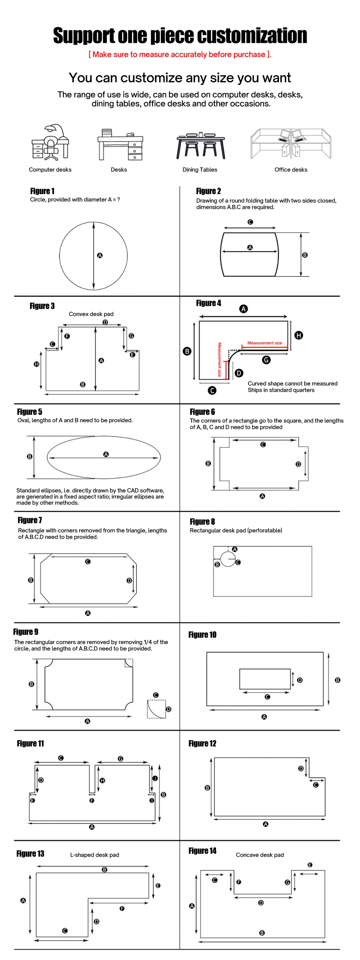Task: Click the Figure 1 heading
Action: pos(42,191)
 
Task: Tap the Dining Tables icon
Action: pos(201,145)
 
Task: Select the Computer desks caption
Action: pos(50,170)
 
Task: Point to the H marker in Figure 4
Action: pos(298,335)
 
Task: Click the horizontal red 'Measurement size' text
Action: pos(265,343)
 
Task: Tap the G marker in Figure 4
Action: pos(266,360)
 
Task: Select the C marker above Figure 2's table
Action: pos(251,222)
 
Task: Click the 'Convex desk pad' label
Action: pos(91,314)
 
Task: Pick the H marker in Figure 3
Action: pos(36,364)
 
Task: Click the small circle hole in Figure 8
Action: pos(228,558)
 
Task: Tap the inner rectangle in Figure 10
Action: pos(265,679)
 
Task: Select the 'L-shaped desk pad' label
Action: pos(95,855)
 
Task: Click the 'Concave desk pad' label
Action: pos(260,855)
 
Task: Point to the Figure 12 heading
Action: pos(202,744)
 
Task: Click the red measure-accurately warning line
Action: pos(180,54)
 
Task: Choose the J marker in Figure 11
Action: pos(155,778)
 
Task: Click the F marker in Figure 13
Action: pos(122,909)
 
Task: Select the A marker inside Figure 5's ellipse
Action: pos(106,454)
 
